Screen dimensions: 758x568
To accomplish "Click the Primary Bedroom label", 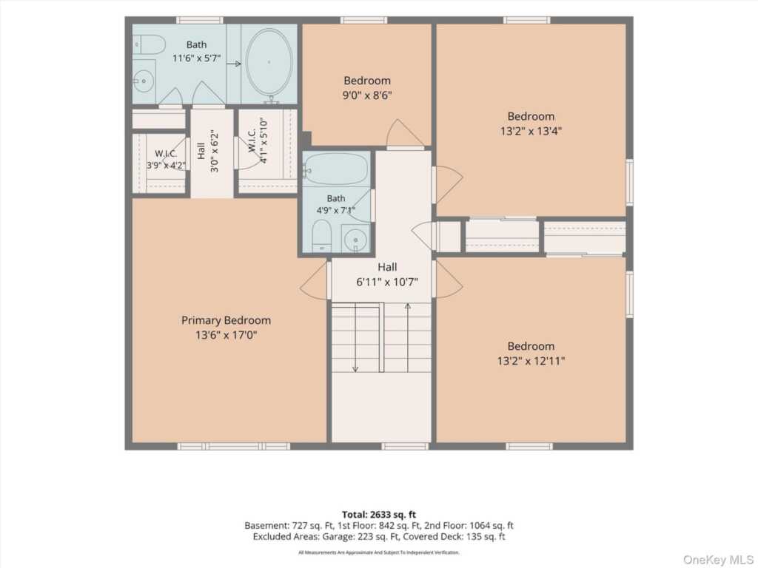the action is tap(226, 320).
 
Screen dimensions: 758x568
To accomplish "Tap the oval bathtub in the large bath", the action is tap(269, 63).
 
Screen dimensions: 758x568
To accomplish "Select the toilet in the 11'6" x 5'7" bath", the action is tap(150, 45).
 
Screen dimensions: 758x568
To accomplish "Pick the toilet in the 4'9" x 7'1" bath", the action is tap(321, 236).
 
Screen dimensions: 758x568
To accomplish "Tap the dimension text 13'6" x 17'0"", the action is tap(227, 335).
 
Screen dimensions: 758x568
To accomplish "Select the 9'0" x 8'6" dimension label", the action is tap(367, 95).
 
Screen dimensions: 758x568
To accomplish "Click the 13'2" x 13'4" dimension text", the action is tap(531, 131).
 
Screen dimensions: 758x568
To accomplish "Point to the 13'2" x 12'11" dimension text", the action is tap(531, 361).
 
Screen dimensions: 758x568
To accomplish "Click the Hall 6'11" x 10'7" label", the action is tap(387, 274).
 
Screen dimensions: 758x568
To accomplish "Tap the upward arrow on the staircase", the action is tap(408, 337).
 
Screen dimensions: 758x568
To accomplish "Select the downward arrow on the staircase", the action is tap(355, 337).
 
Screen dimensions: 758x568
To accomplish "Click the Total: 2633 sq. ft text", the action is tap(379, 515).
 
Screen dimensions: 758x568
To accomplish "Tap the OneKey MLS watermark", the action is tap(718, 559).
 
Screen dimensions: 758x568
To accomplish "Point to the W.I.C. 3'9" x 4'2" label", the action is tap(166, 160).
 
